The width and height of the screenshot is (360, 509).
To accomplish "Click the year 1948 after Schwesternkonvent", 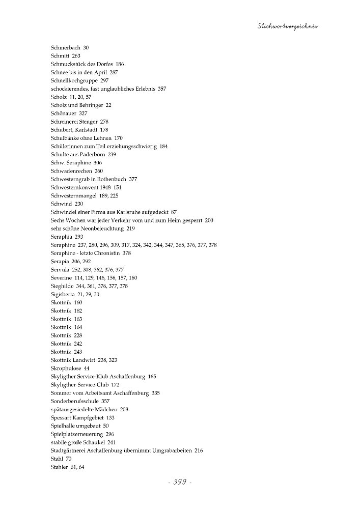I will click(105, 187).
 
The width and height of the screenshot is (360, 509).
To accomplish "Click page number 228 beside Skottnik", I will click(78, 335).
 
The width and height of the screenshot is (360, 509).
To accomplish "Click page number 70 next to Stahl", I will click(69, 459).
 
